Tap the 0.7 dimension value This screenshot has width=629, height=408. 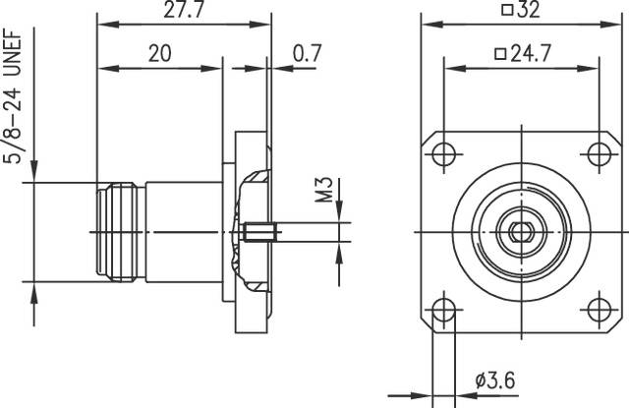[x=306, y=54]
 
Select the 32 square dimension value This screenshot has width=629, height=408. [x=522, y=11]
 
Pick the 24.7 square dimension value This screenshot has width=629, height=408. [x=521, y=54]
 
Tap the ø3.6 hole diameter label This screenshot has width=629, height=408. [x=497, y=379]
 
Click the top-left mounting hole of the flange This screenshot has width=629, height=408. [x=445, y=154]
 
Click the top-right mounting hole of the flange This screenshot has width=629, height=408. [x=599, y=154]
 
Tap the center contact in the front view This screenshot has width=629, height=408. [x=521, y=232]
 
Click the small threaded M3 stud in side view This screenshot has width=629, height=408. [x=257, y=232]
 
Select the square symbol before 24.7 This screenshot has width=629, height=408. [x=499, y=54]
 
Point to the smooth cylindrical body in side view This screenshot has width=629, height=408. [x=182, y=232]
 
